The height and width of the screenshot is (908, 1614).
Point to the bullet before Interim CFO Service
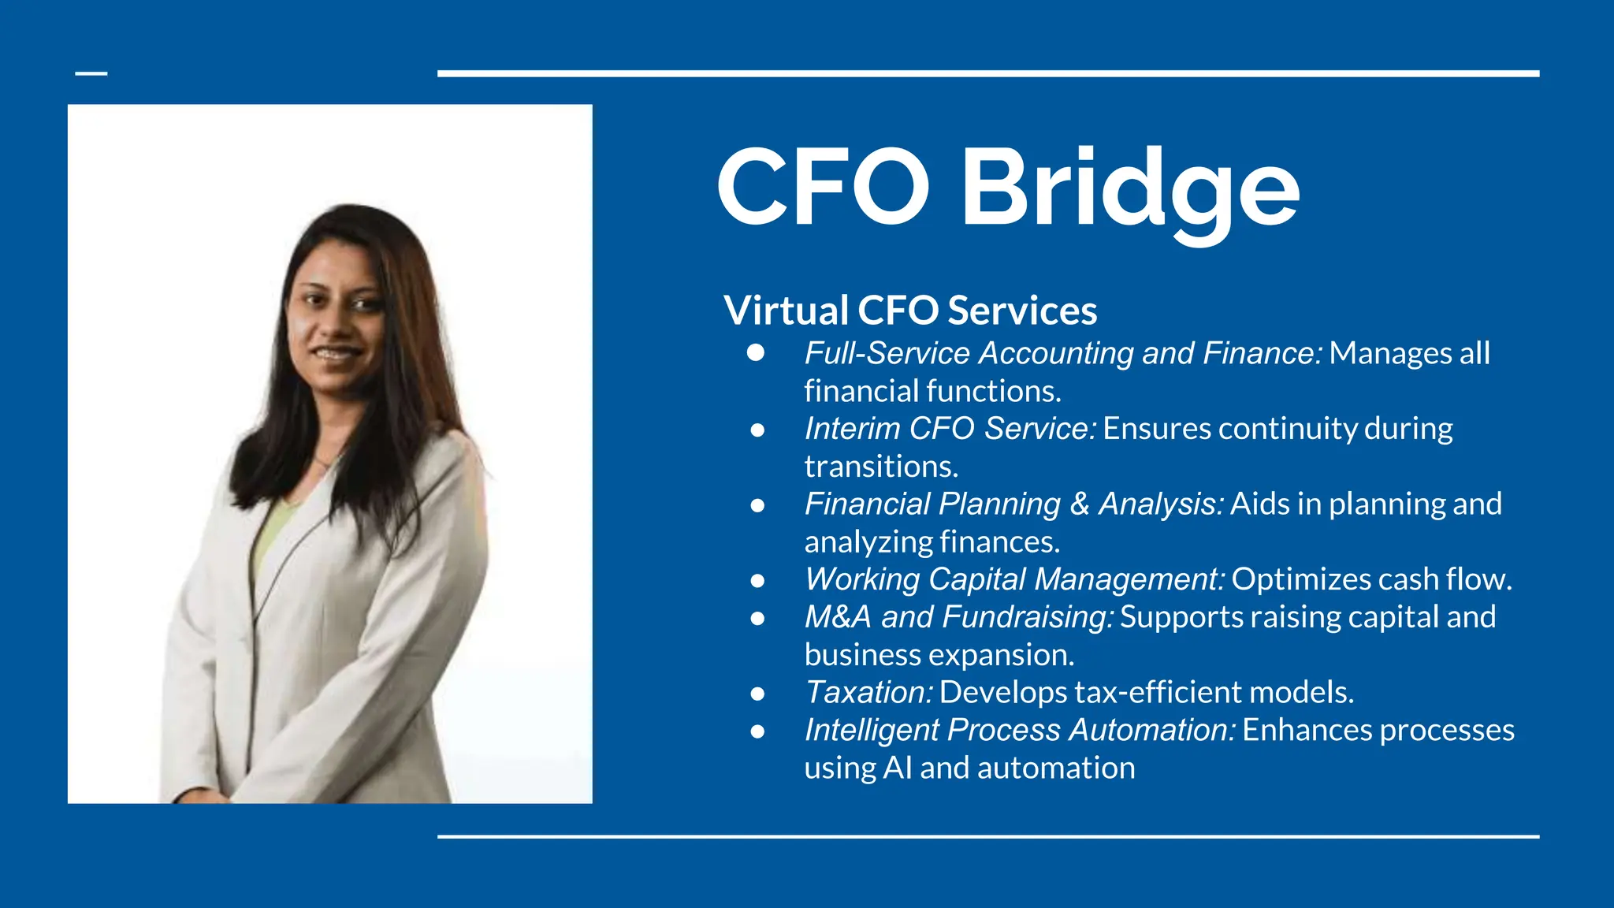point(757,430)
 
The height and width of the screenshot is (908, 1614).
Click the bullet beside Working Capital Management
point(757,581)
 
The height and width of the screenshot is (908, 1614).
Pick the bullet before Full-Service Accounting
point(756,352)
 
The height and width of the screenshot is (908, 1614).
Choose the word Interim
point(853,429)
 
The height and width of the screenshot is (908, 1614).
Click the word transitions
point(880,467)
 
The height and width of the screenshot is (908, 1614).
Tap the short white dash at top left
point(91,73)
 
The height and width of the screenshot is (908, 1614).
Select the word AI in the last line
point(898,768)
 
